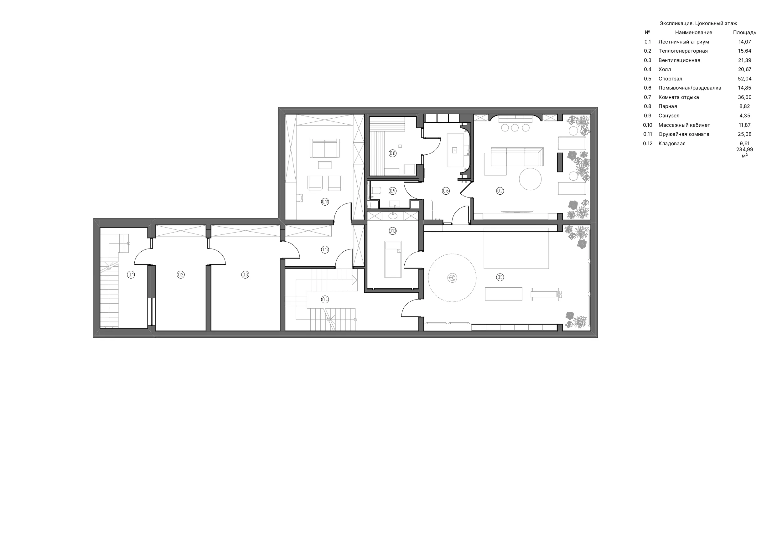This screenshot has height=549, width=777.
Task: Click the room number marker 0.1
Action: point(131,275)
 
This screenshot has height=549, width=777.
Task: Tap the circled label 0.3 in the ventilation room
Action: point(245,275)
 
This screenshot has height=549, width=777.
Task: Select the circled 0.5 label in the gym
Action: point(500,277)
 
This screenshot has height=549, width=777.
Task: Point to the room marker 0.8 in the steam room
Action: point(392,153)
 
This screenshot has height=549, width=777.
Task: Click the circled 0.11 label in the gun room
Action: point(325,202)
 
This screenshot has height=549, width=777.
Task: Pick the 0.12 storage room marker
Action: point(325,250)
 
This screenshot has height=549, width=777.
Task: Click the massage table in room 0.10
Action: point(393,259)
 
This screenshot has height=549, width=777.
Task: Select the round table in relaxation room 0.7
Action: point(530,179)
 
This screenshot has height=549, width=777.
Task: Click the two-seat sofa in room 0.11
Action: point(324,148)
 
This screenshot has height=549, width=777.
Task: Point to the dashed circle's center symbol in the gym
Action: point(452,278)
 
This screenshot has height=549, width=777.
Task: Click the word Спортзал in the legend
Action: point(671,79)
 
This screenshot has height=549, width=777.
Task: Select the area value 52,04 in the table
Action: point(744,79)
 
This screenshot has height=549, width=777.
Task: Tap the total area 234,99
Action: point(744,150)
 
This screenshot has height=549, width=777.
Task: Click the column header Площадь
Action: point(744,33)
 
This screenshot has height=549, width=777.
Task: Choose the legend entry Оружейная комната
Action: point(684,134)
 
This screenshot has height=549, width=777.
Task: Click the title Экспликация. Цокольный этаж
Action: point(698,23)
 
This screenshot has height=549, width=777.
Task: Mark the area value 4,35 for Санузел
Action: point(744,116)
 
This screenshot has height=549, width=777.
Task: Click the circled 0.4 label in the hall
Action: point(325,299)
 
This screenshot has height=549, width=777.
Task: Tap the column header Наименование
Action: point(693,33)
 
